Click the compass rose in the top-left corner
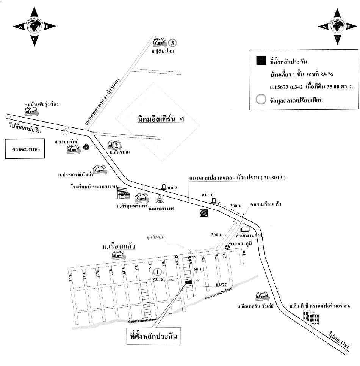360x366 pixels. tap(34, 26)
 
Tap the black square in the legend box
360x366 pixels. tap(260, 61)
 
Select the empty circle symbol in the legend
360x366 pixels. tap(260, 101)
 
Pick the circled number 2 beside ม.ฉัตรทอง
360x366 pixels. tap(117, 145)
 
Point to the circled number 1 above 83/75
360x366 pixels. tap(158, 272)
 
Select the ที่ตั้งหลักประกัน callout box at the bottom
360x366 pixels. tap(153, 336)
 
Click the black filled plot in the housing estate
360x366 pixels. tap(188, 281)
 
